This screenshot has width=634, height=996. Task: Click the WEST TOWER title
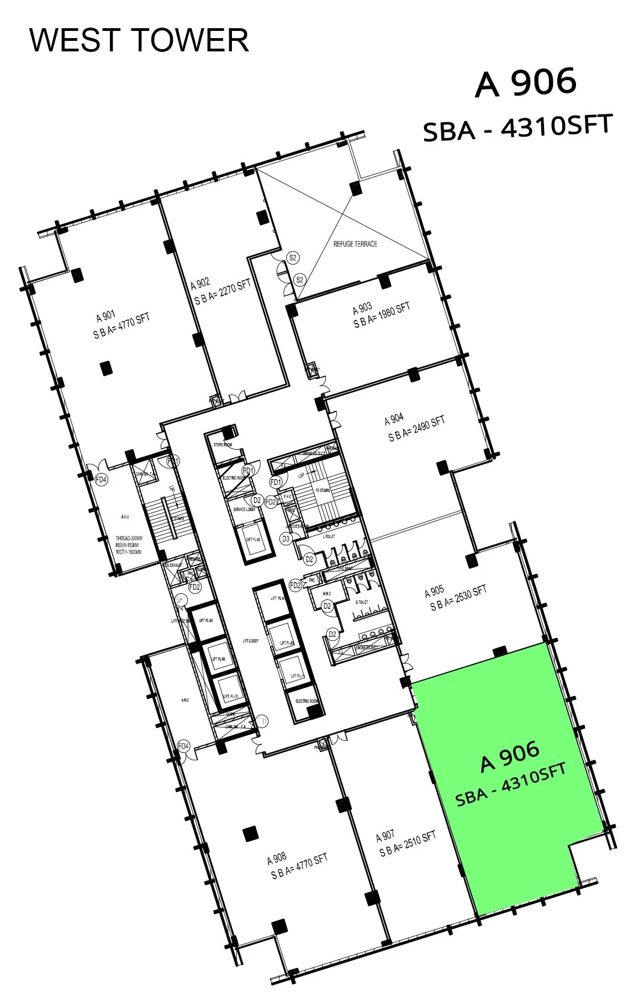pyautogui.click(x=139, y=40)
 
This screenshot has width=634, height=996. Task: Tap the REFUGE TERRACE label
pyautogui.click(x=355, y=244)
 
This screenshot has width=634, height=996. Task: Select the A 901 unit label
pyautogui.click(x=105, y=317)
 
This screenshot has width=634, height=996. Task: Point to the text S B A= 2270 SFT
pyautogui.click(x=223, y=292)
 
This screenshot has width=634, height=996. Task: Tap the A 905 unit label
pyautogui.click(x=434, y=592)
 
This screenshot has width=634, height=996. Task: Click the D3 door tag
pyautogui.click(x=286, y=539)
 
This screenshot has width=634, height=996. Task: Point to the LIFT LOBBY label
pyautogui.click(x=250, y=641)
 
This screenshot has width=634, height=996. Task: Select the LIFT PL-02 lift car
pyautogui.click(x=253, y=539)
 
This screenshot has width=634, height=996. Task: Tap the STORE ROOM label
pyautogui.click(x=223, y=445)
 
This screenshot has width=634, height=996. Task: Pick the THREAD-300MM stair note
pyautogui.click(x=129, y=538)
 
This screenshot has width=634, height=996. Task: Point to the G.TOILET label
pyautogui.click(x=362, y=602)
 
